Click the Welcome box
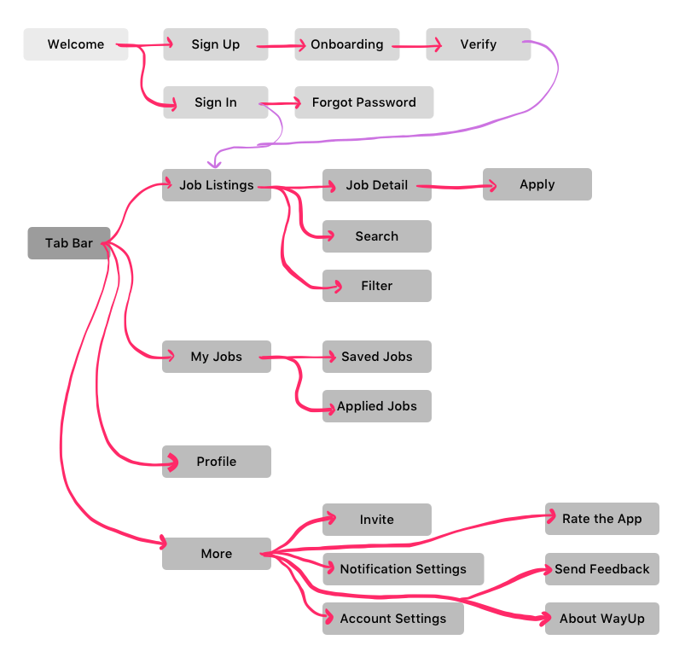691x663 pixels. pyautogui.click(x=76, y=44)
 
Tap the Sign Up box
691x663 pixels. pyautogui.click(x=216, y=44)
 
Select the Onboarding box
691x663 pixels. pyautogui.click(x=347, y=44)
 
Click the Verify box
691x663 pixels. pyautogui.click(x=479, y=44)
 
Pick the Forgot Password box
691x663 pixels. pyautogui.click(x=364, y=102)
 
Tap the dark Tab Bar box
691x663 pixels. pyautogui.click(x=69, y=243)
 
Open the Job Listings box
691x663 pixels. pyautogui.click(x=217, y=184)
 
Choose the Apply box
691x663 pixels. pyautogui.click(x=537, y=184)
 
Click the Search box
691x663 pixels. pyautogui.click(x=377, y=236)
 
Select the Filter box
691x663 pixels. pyautogui.click(x=377, y=286)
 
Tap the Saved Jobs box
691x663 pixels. pyautogui.click(x=377, y=357)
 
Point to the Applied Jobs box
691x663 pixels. pyautogui.click(x=377, y=406)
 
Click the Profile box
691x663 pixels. pyautogui.click(x=217, y=462)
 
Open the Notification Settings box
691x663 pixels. pyautogui.click(x=404, y=569)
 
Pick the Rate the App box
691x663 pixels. pyautogui.click(x=602, y=519)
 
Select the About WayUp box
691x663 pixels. pyautogui.click(x=602, y=619)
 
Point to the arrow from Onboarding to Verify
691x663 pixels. pyautogui.click(x=413, y=46)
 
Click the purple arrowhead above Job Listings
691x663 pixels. pyautogui.click(x=214, y=161)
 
